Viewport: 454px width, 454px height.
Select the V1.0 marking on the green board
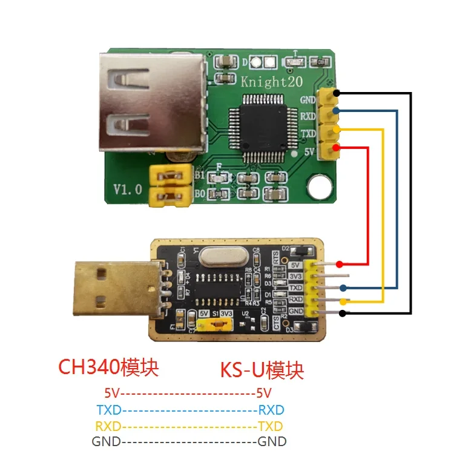(x=128, y=189)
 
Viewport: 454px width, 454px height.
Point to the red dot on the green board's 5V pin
(x=335, y=148)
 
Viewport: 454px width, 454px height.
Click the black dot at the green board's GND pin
(x=337, y=93)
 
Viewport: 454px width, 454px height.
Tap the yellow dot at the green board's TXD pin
(x=337, y=130)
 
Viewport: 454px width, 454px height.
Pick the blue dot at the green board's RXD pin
(x=337, y=111)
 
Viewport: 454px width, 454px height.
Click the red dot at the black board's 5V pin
(x=340, y=264)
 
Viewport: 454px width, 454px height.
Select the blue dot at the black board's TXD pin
(x=343, y=288)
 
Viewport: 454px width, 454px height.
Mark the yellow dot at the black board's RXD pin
(x=343, y=301)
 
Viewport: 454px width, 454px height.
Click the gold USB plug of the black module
(x=111, y=289)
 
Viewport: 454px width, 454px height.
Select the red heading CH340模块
(x=111, y=367)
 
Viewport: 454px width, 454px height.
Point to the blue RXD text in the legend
(x=271, y=409)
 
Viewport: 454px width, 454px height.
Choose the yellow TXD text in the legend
(x=271, y=425)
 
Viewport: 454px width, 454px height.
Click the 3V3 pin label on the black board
(x=296, y=276)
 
